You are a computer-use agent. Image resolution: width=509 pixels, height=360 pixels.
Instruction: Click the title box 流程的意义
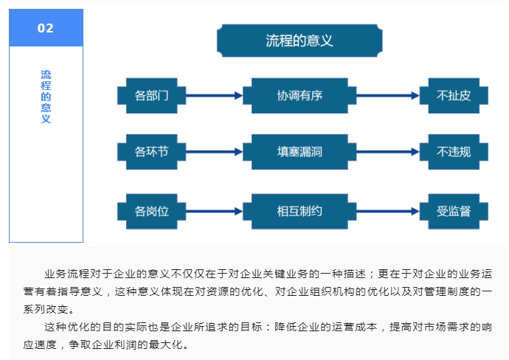pyautogui.click(x=299, y=41)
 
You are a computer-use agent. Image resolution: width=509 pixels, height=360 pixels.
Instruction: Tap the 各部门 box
pyautogui.click(x=152, y=95)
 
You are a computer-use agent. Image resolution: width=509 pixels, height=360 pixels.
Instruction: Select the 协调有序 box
pyautogui.click(x=299, y=95)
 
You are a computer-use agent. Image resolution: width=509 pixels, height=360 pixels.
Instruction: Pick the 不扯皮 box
pyautogui.click(x=454, y=95)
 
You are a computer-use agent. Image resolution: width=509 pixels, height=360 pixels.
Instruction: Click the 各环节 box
pyautogui.click(x=152, y=151)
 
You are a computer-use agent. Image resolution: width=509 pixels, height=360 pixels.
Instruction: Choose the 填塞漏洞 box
pyautogui.click(x=299, y=151)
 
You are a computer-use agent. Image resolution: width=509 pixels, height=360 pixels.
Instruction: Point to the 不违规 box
pyautogui.click(x=454, y=151)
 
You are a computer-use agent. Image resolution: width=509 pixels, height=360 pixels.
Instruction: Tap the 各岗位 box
pyautogui.click(x=152, y=211)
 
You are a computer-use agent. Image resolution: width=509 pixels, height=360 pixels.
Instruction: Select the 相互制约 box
pyautogui.click(x=299, y=211)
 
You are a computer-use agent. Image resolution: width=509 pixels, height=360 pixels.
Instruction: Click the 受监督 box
pyautogui.click(x=454, y=211)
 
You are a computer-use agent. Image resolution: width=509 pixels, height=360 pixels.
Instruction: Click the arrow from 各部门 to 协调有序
pyautogui.click(x=214, y=95)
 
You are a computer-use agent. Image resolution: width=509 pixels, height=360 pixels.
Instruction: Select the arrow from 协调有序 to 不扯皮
pyautogui.click(x=388, y=95)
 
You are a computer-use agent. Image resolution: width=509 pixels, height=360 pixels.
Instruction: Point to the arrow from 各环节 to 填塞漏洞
pyautogui.click(x=214, y=151)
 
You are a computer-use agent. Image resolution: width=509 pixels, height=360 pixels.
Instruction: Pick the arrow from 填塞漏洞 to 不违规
pyautogui.click(x=388, y=151)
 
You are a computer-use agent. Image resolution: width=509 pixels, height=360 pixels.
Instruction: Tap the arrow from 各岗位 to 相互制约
pyautogui.click(x=214, y=211)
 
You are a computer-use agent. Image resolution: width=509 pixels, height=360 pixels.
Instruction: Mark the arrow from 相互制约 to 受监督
pyautogui.click(x=388, y=211)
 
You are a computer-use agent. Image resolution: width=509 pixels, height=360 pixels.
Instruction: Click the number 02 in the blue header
pyautogui.click(x=46, y=28)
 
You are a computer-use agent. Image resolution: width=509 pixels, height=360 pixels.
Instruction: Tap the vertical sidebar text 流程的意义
pyautogui.click(x=46, y=97)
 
